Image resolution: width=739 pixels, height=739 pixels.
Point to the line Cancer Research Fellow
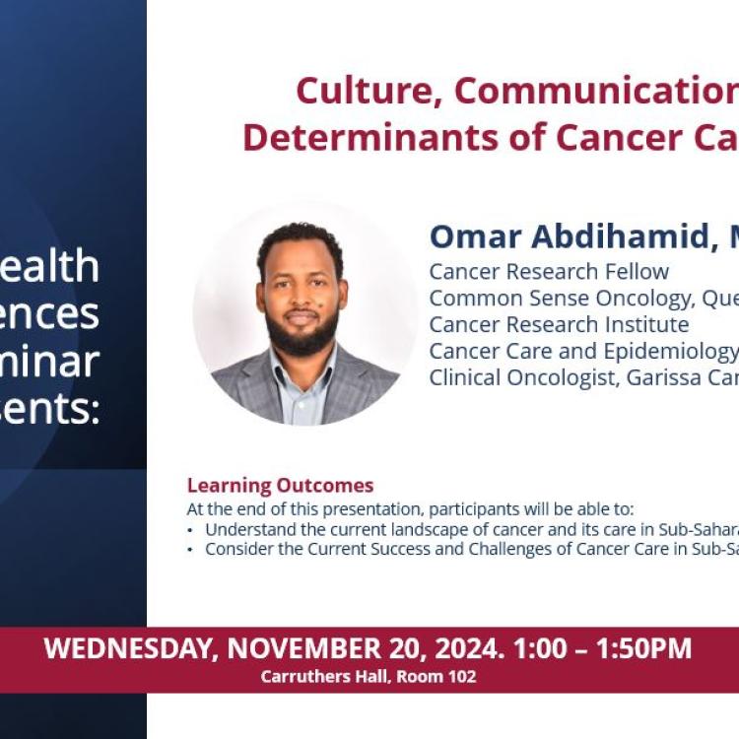pyautogui.click(x=549, y=272)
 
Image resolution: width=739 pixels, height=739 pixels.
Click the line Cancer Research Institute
pyautogui.click(x=559, y=324)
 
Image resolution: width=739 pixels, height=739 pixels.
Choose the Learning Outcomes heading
pyautogui.click(x=280, y=486)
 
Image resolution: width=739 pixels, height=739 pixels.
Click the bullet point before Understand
pyautogui.click(x=191, y=530)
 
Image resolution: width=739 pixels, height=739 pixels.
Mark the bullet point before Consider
pyautogui.click(x=191, y=550)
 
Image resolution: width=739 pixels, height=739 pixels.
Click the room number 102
pyautogui.click(x=460, y=677)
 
